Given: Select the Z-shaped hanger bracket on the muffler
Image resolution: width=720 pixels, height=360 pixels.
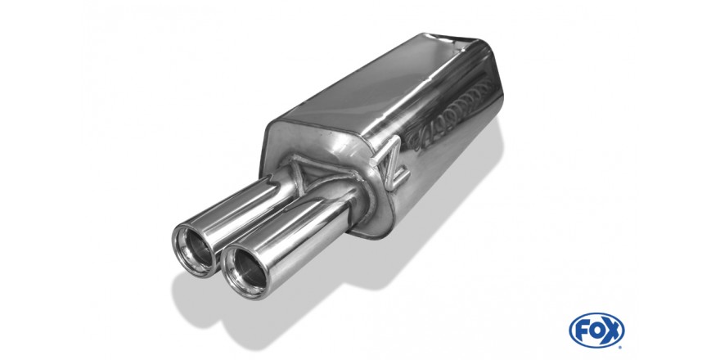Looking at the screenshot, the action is point(391,164).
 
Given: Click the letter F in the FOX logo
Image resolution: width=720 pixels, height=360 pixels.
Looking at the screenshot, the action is point(583,331).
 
